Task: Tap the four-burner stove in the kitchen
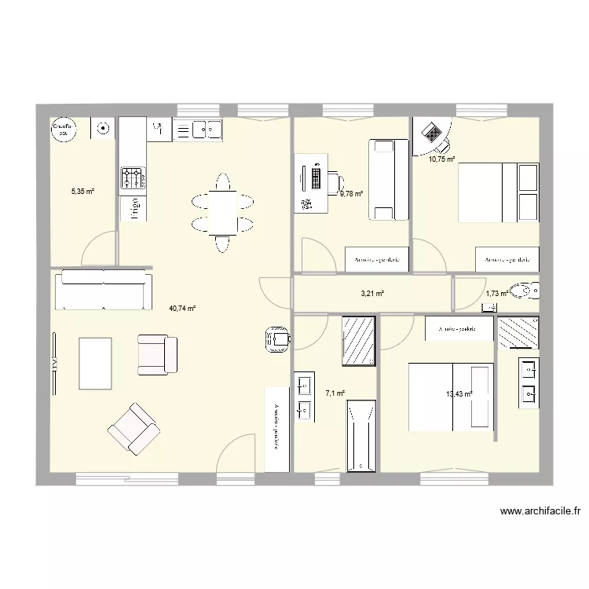[x=132, y=181]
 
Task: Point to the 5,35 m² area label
[x=83, y=191]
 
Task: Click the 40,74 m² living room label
[x=182, y=309]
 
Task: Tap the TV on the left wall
[x=55, y=362]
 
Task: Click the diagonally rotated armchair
[x=134, y=429]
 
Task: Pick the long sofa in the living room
[x=102, y=289]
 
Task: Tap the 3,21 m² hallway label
[x=372, y=294]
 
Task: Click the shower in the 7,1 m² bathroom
[x=360, y=342]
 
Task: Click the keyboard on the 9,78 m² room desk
[x=316, y=179]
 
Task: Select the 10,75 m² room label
[x=441, y=159]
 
